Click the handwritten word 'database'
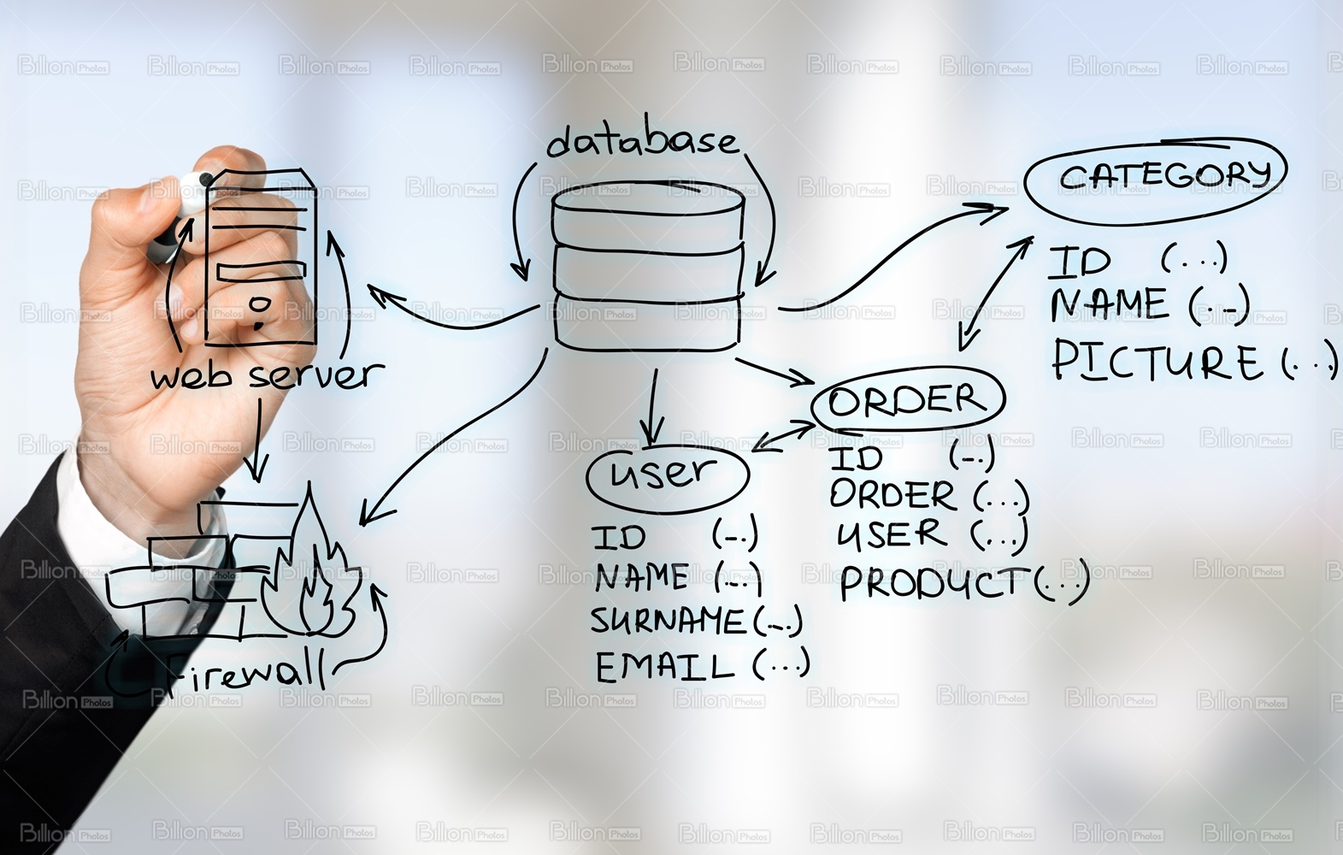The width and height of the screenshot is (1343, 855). [x=641, y=141]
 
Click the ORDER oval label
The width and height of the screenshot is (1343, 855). [x=906, y=401]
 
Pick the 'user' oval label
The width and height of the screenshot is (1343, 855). [x=667, y=475]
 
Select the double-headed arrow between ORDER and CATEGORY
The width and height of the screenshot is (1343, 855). [x=996, y=291]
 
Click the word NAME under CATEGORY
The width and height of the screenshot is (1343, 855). [x=1108, y=304]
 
